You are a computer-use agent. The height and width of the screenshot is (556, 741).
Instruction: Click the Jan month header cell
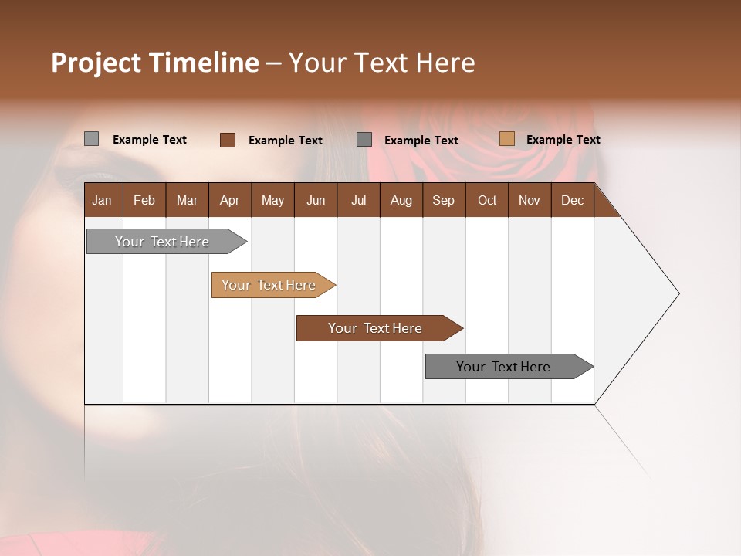(x=102, y=201)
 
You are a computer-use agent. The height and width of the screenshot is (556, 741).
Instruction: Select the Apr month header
(x=229, y=201)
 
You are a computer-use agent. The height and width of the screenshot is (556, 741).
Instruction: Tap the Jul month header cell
(x=358, y=201)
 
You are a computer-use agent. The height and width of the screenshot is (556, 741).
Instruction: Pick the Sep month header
(x=443, y=201)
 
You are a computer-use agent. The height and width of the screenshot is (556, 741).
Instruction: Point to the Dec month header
(x=572, y=201)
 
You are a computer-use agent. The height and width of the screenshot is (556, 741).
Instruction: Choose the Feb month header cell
(x=144, y=201)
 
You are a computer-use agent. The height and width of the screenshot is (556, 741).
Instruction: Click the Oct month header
(x=487, y=201)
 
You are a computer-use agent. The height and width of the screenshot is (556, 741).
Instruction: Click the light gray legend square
(x=92, y=139)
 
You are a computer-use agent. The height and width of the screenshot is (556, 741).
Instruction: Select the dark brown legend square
(x=228, y=140)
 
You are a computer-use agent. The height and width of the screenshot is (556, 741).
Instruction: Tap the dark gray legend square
(x=364, y=139)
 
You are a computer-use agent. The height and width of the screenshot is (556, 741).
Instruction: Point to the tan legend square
(x=506, y=139)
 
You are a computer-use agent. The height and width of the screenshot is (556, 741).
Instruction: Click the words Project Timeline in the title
(x=154, y=63)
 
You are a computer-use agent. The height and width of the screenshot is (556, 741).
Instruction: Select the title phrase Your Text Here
(x=381, y=63)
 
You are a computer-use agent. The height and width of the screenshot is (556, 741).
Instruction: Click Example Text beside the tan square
(x=563, y=140)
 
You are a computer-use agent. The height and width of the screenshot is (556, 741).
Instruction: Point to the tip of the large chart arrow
(x=678, y=293)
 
